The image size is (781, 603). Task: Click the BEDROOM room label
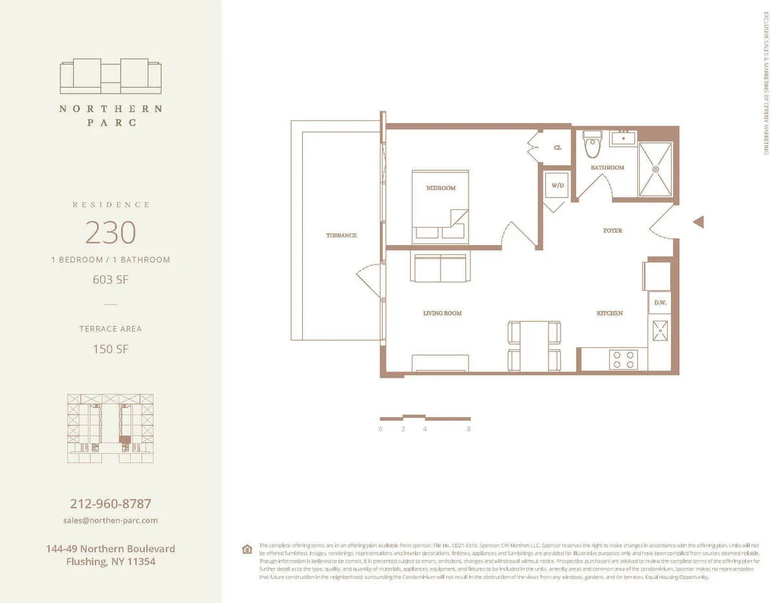pos(441,188)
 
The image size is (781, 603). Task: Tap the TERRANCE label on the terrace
pos(341,235)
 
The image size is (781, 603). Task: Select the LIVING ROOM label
pos(442,313)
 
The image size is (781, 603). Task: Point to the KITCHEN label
pos(610,313)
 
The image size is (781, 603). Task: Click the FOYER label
pos(612,230)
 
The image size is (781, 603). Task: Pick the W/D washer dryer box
pos(557,185)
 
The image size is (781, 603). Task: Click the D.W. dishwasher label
pos(659,302)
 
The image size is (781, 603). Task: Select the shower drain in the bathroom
pos(655,169)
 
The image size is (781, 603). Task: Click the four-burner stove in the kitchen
pos(623,359)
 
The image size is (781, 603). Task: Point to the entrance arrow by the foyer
pos(698,222)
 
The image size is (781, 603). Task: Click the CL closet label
pos(557,148)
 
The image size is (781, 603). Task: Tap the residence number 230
pos(111,232)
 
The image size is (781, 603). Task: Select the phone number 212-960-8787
pos(111,503)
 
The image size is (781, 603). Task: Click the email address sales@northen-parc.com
pos(111,520)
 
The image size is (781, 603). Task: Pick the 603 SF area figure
pos(111,280)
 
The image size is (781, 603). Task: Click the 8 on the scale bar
pos(469,429)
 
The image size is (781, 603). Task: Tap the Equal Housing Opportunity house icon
pos(247,549)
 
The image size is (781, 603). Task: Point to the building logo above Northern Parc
pos(111,77)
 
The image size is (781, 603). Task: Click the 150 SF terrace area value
pos(111,349)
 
